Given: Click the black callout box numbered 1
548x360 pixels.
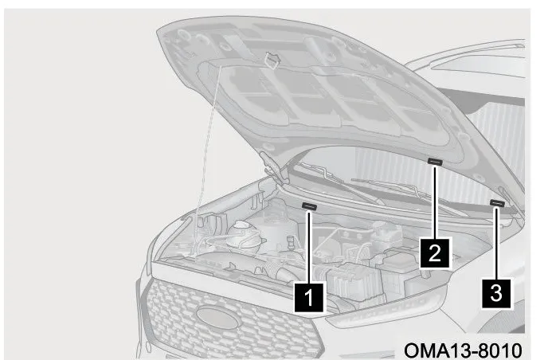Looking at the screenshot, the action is [x=308, y=297].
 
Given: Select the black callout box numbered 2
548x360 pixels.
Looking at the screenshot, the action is [x=434, y=252].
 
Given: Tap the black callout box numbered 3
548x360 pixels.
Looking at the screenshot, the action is [x=496, y=293].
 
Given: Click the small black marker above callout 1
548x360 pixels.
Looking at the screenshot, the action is [x=309, y=207].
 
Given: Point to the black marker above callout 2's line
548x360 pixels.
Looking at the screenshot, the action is [x=435, y=162].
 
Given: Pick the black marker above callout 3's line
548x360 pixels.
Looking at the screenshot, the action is [x=497, y=203].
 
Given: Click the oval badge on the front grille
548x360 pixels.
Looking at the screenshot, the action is [x=217, y=317].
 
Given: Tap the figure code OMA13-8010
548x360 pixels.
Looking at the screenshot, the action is [x=463, y=350].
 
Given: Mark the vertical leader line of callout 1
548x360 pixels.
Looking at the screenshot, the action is [x=308, y=247].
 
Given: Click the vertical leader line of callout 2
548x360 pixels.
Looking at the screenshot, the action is [x=435, y=202].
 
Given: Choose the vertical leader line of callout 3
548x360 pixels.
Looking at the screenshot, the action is [x=497, y=242].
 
